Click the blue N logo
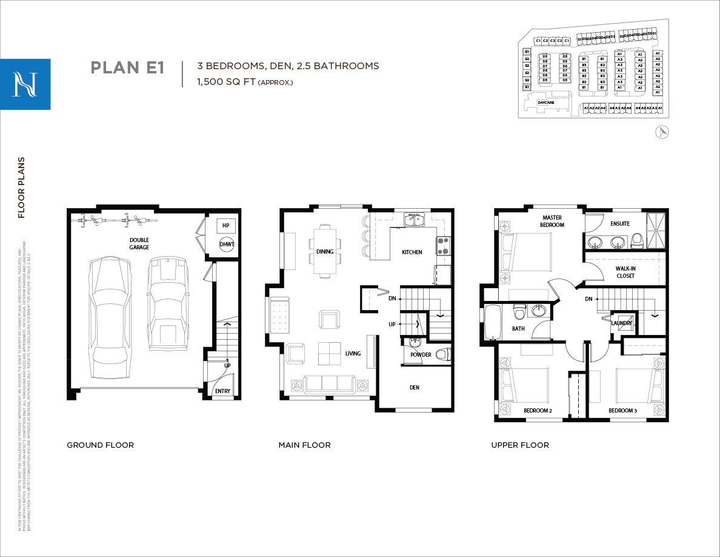(x=25, y=84)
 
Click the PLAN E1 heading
(x=127, y=67)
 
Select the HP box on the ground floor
(x=226, y=225)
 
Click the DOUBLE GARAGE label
(x=139, y=243)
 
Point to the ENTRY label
(x=222, y=391)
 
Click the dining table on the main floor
(x=325, y=251)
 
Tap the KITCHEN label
(x=412, y=252)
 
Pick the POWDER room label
(x=421, y=355)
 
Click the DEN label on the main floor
(x=414, y=387)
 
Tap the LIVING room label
(x=353, y=354)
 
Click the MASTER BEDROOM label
(x=552, y=221)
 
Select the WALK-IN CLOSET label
(x=625, y=272)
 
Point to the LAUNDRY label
(x=621, y=323)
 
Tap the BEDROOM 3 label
(x=623, y=411)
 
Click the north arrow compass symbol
(x=662, y=132)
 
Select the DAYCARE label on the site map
(x=545, y=103)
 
